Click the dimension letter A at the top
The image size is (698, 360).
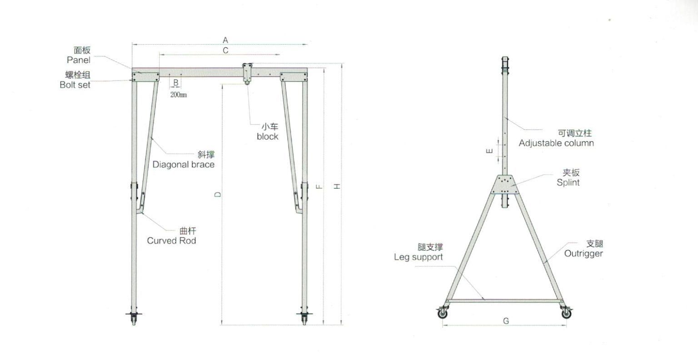[x=225, y=40]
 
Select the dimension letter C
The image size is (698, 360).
[x=225, y=50]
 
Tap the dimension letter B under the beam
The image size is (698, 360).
[x=175, y=83]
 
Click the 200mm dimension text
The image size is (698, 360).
[x=178, y=95]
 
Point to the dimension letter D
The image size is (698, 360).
[x=218, y=195]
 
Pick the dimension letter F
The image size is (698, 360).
[x=319, y=186]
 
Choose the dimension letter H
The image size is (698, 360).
[x=337, y=186]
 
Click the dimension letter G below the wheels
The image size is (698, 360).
[x=506, y=321]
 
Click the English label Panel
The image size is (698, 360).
[x=79, y=60]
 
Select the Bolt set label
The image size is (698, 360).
[x=75, y=85]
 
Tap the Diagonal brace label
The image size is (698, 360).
[x=183, y=164]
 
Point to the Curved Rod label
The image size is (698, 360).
[x=171, y=240]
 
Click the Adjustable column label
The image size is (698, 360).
[x=556, y=143]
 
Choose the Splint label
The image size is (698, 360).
[x=568, y=182]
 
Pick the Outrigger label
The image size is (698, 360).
[x=583, y=253]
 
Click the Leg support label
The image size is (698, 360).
[x=418, y=257]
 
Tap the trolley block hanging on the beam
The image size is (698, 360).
[x=247, y=73]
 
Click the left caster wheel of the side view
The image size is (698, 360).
[x=442, y=313]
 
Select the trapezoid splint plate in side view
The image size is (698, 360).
[x=505, y=185]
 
